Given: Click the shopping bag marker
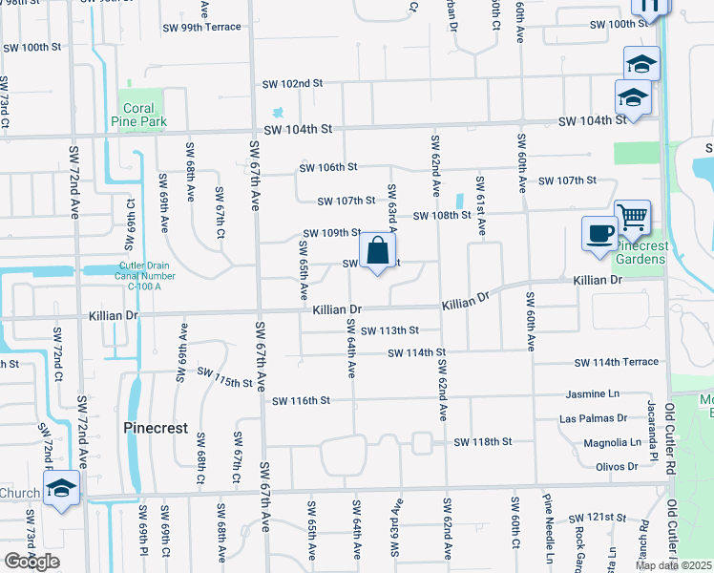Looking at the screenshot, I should pos(379,252).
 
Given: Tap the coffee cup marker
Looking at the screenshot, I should pos(599,234).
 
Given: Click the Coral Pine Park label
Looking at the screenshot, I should pos(142,115).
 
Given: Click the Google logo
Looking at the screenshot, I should pos(31,561).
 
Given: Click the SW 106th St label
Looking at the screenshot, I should pos(327,167).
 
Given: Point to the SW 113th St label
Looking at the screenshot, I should pos(389,330).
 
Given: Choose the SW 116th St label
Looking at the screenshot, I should pos(301,401).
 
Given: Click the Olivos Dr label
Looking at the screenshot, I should pos(617,466).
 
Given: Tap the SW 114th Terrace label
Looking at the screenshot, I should pos(616,363).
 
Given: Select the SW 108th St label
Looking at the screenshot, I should pos(442,216).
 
